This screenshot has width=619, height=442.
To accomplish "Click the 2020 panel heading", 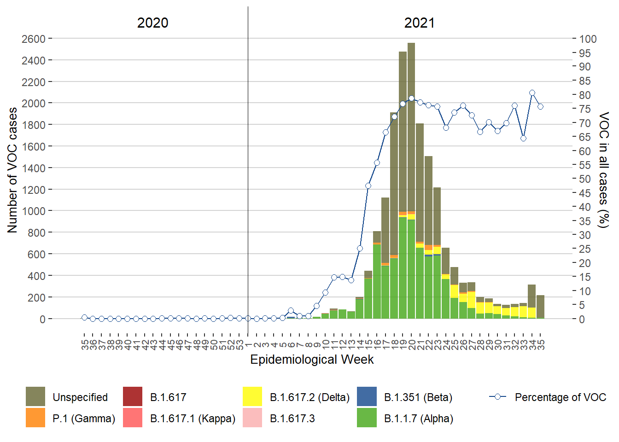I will [152, 23].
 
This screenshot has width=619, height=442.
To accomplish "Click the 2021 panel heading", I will [419, 23].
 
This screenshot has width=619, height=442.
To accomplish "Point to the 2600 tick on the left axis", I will [34, 39].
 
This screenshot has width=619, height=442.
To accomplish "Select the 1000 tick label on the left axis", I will [34, 211].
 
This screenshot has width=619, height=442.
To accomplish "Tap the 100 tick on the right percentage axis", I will [588, 39].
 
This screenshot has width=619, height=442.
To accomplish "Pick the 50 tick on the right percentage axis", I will [585, 179].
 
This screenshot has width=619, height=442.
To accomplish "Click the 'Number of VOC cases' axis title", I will [12, 170].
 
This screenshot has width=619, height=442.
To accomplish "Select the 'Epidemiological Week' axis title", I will [312, 360].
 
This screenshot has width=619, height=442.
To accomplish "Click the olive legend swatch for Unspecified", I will [35, 396].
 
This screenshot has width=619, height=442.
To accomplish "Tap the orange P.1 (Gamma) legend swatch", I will [35, 418].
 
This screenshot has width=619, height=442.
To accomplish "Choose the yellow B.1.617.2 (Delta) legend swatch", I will [252, 396].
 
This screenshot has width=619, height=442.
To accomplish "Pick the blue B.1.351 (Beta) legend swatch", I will [367, 396].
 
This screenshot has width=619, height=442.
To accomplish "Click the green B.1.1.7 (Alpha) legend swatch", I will [367, 418].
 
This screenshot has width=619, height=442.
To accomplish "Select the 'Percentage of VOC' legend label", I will [560, 397].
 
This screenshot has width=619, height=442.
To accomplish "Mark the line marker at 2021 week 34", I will [532, 93].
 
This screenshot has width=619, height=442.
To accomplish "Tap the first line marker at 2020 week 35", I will [84, 317].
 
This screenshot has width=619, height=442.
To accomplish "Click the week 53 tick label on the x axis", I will [239, 344].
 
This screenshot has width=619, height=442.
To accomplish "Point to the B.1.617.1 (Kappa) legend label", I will [193, 419].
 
